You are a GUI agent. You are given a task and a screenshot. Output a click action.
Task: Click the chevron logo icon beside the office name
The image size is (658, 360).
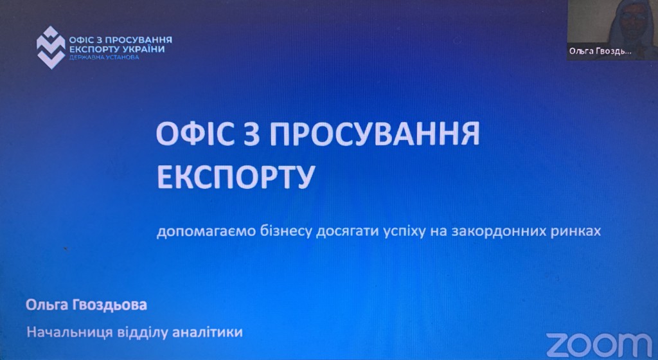[51, 48]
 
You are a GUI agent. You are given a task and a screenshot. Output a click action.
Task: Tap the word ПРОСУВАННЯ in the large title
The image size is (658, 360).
[375, 134]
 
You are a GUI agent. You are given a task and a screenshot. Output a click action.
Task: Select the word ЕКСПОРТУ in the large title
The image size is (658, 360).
[236, 177]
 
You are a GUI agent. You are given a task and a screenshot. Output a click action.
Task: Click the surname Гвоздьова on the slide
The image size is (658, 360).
[110, 305]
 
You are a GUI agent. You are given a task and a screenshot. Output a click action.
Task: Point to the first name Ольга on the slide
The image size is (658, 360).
[46, 305]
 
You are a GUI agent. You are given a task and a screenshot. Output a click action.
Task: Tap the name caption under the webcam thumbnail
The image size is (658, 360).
[600, 51]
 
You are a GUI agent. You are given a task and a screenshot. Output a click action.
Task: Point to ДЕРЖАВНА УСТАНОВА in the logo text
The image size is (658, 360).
[103, 57]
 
